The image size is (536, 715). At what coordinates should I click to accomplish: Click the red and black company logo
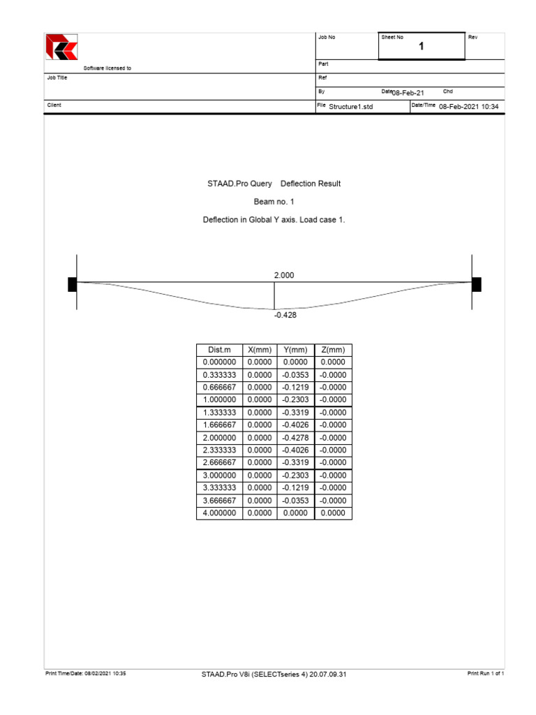(61, 47)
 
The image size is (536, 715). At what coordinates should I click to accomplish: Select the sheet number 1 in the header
(422, 47)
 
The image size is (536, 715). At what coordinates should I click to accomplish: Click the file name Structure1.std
(351, 106)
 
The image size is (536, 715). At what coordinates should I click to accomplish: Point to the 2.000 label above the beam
(284, 276)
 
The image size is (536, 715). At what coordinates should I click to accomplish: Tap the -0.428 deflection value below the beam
(285, 316)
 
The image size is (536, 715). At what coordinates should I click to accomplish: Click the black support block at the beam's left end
(72, 283)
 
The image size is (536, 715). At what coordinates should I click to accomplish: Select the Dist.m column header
(219, 350)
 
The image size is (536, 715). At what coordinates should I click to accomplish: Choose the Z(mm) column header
(333, 350)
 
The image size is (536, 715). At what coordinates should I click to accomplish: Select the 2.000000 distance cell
(219, 438)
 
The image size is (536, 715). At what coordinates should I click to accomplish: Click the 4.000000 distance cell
(219, 513)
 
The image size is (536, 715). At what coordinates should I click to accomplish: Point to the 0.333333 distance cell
(219, 375)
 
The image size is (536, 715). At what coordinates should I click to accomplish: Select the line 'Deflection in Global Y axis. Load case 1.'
(274, 220)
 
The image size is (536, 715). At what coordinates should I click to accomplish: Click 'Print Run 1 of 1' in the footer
(485, 673)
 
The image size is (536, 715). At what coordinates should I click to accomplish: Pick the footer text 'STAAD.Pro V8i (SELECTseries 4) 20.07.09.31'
(274, 674)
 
